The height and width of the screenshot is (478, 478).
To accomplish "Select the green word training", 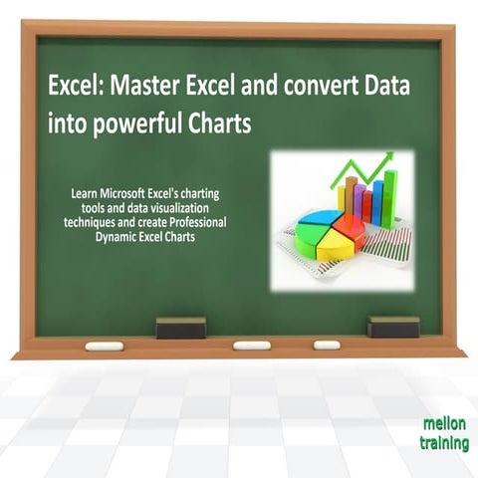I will [x=444, y=443].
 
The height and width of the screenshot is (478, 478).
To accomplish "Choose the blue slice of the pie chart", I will [x=317, y=219].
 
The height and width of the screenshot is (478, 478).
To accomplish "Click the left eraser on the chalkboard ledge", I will [x=181, y=328].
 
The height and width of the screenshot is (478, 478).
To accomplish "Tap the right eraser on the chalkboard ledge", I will [x=392, y=326].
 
